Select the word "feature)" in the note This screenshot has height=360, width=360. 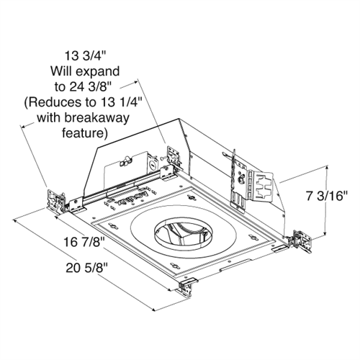[86, 134]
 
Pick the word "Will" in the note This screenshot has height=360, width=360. [61, 71]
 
